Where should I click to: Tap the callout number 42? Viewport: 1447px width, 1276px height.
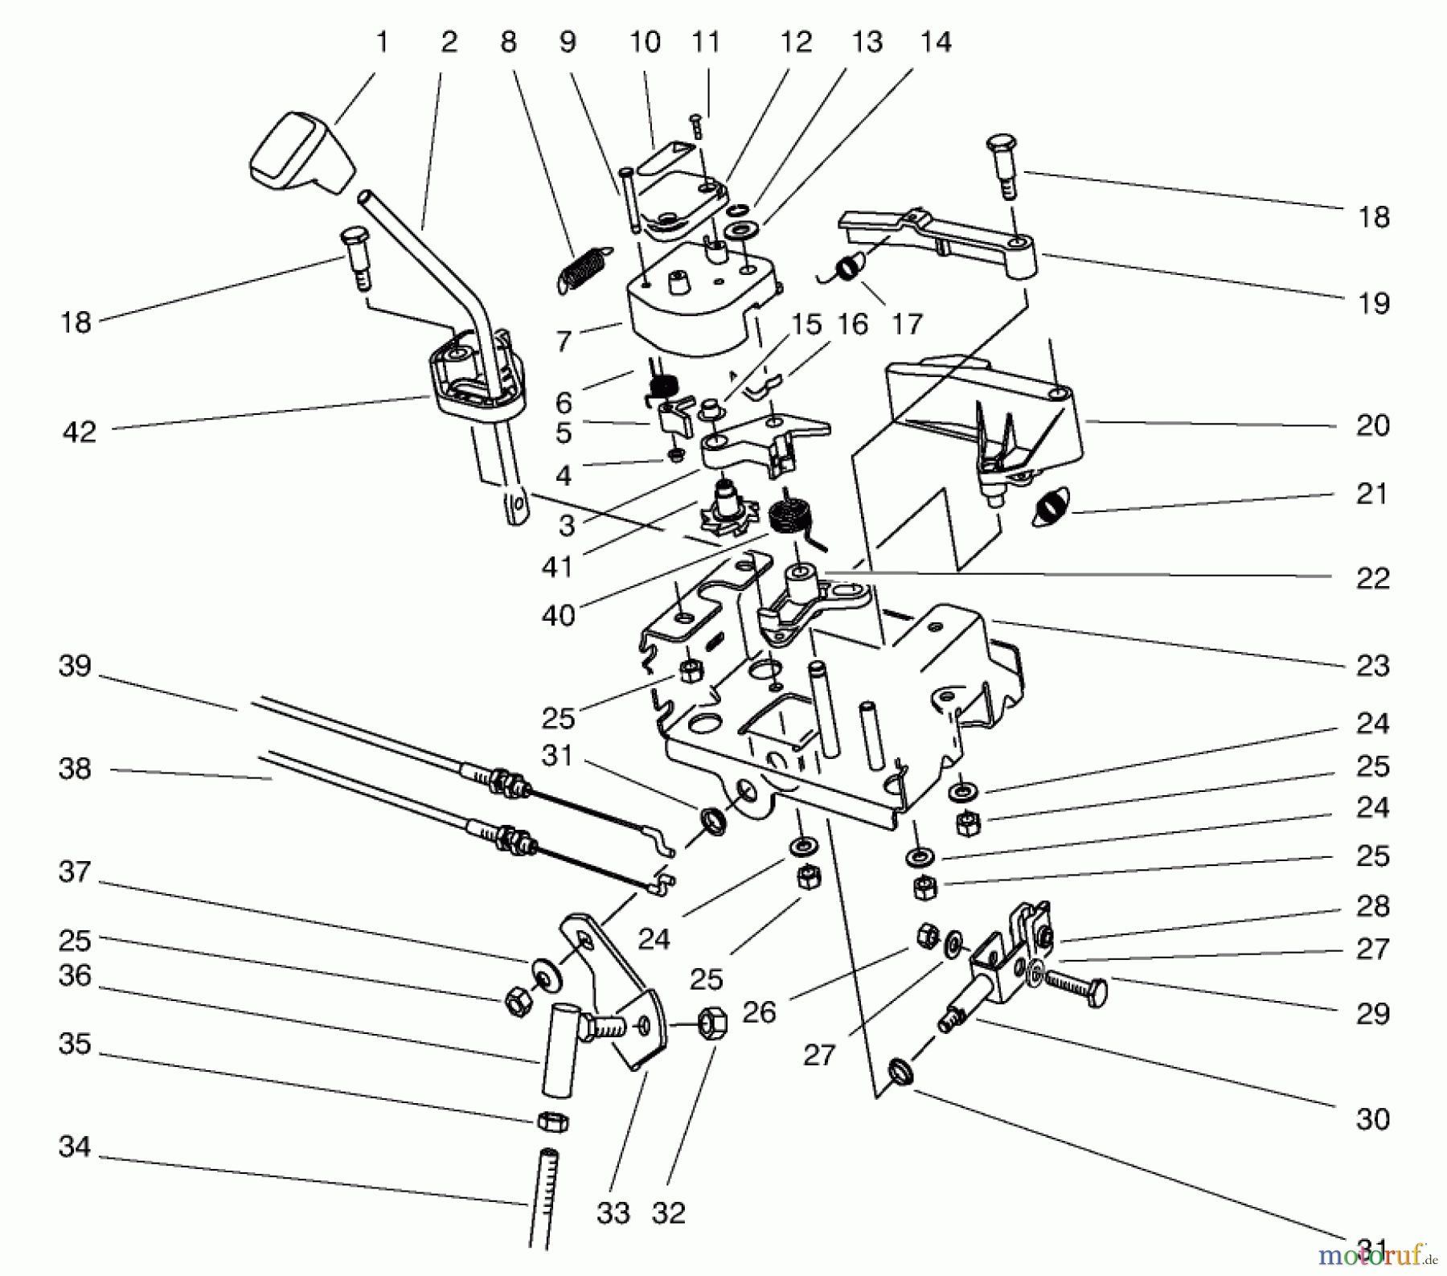click(79, 433)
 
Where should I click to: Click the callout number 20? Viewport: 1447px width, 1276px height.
click(1372, 425)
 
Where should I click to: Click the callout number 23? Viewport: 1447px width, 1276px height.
click(1372, 666)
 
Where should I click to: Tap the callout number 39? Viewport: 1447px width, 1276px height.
click(75, 667)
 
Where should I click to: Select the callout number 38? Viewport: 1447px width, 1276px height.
click(75, 769)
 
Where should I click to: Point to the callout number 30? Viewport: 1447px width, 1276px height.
click(1372, 1118)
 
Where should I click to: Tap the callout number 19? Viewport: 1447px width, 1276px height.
click(1372, 303)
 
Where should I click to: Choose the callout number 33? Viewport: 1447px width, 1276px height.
click(613, 1212)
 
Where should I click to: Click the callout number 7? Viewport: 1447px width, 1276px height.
click(564, 341)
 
